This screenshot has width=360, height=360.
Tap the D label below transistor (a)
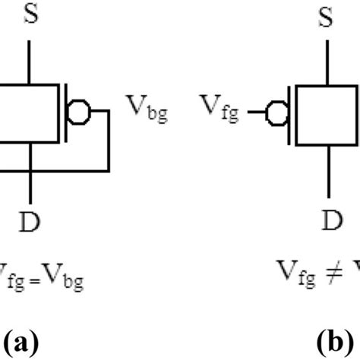point(30,221)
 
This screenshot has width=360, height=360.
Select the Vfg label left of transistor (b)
point(219,113)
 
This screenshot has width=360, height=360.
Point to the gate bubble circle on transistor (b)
point(277,113)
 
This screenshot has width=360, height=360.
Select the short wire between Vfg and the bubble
point(263,113)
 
